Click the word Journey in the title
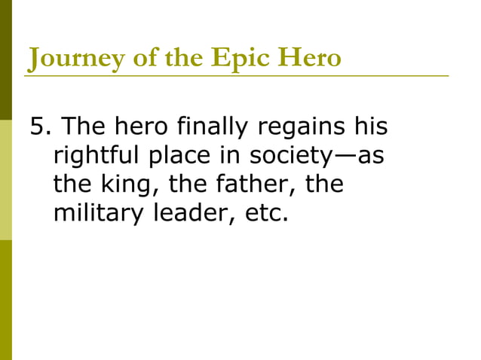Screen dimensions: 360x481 point(67,58)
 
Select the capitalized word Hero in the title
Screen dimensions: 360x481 point(312,57)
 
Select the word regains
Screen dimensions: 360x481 point(302,128)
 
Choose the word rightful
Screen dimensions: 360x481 point(97,156)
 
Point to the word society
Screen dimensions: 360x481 point(291,156)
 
